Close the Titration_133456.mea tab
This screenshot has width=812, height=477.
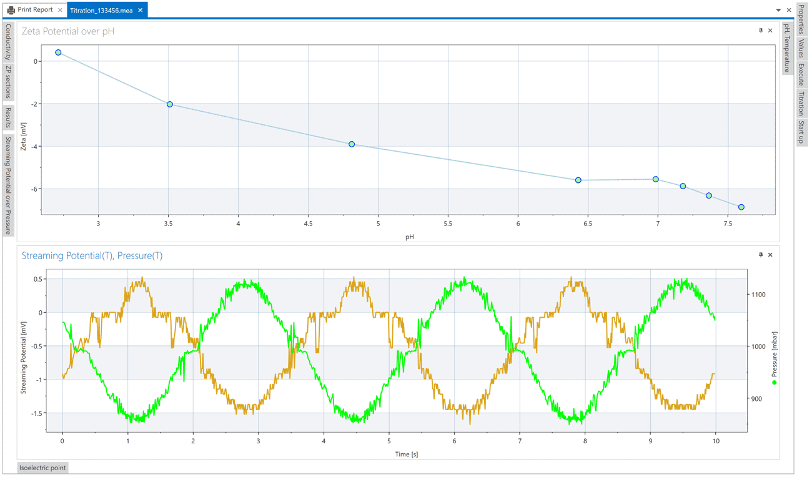(141, 10)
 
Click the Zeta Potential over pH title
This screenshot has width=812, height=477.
(68, 31)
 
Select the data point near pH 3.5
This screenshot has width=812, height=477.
(170, 104)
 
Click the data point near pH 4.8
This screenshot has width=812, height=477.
(352, 144)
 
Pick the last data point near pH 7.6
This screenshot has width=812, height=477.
(741, 207)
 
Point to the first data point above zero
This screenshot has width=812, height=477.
(58, 52)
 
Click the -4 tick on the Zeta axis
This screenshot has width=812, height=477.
(35, 147)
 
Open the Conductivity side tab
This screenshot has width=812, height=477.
(8, 42)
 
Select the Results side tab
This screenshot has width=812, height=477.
(8, 117)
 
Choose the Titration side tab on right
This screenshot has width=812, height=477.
(801, 104)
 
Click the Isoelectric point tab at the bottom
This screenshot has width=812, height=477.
(42, 468)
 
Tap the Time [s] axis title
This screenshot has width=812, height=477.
(405, 454)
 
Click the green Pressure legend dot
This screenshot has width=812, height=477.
(774, 382)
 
